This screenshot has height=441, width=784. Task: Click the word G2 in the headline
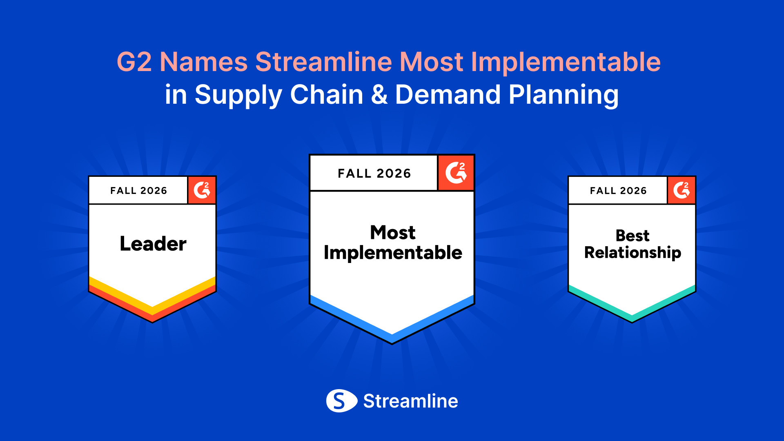pyautogui.click(x=134, y=62)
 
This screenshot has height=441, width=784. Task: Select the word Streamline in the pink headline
pyautogui.click(x=324, y=62)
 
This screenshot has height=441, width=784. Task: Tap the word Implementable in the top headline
pyautogui.click(x=566, y=62)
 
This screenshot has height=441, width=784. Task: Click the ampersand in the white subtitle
pyautogui.click(x=379, y=95)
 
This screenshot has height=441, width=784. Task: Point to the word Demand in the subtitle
pyautogui.click(x=448, y=95)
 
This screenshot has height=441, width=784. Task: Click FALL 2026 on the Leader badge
pyautogui.click(x=139, y=191)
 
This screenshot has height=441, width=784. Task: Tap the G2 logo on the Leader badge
pyautogui.click(x=202, y=190)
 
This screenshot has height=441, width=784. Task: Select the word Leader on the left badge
pyautogui.click(x=153, y=243)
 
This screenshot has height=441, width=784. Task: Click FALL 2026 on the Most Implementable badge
pyautogui.click(x=374, y=174)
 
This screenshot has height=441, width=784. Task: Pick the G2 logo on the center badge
pyautogui.click(x=456, y=173)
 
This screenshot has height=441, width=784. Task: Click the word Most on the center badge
pyautogui.click(x=393, y=232)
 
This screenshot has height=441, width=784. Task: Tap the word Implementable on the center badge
pyautogui.click(x=393, y=253)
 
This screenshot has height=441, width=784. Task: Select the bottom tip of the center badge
pyautogui.click(x=392, y=344)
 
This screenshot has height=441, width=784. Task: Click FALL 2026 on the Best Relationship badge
pyautogui.click(x=619, y=191)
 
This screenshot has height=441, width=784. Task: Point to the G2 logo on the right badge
pyautogui.click(x=682, y=190)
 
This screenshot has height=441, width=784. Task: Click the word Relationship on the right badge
pyautogui.click(x=633, y=253)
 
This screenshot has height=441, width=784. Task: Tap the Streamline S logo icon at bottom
pyautogui.click(x=341, y=401)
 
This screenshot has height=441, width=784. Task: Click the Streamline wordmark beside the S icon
pyautogui.click(x=411, y=401)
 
